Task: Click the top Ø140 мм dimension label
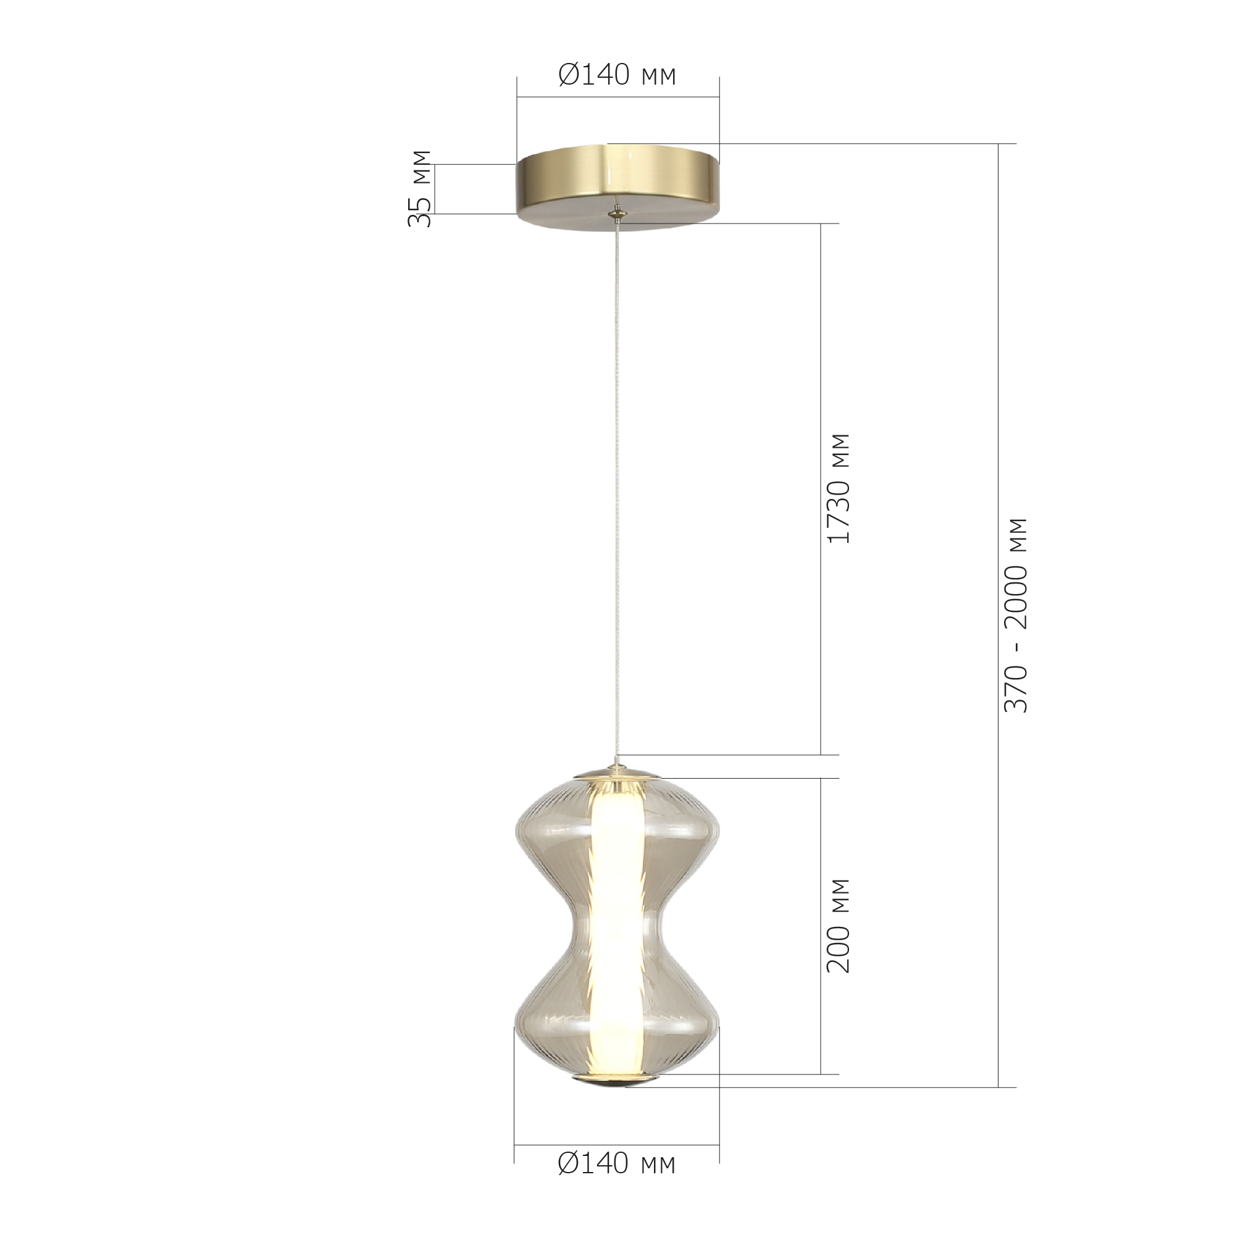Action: [x=617, y=75]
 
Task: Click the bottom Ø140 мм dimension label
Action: [x=617, y=1182]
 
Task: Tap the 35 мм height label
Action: [x=420, y=188]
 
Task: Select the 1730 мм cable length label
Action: [x=839, y=488]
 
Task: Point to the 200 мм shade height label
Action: [x=839, y=926]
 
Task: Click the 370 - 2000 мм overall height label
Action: [x=1016, y=615]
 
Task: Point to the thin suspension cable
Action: [x=617, y=486]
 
